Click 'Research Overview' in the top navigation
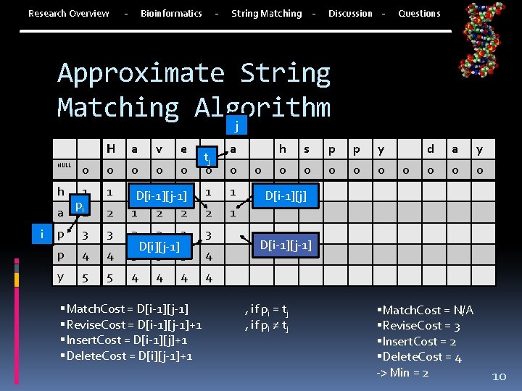(69, 13)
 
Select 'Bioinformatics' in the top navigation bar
(171, 13)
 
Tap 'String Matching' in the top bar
(266, 13)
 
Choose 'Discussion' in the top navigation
(350, 13)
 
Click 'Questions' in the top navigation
(419, 13)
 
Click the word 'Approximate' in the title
(141, 74)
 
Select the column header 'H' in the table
(112, 149)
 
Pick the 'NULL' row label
(65, 165)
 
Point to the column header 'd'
(431, 149)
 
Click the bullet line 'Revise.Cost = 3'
(418, 326)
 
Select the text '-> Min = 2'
(402, 372)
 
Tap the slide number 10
(499, 376)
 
